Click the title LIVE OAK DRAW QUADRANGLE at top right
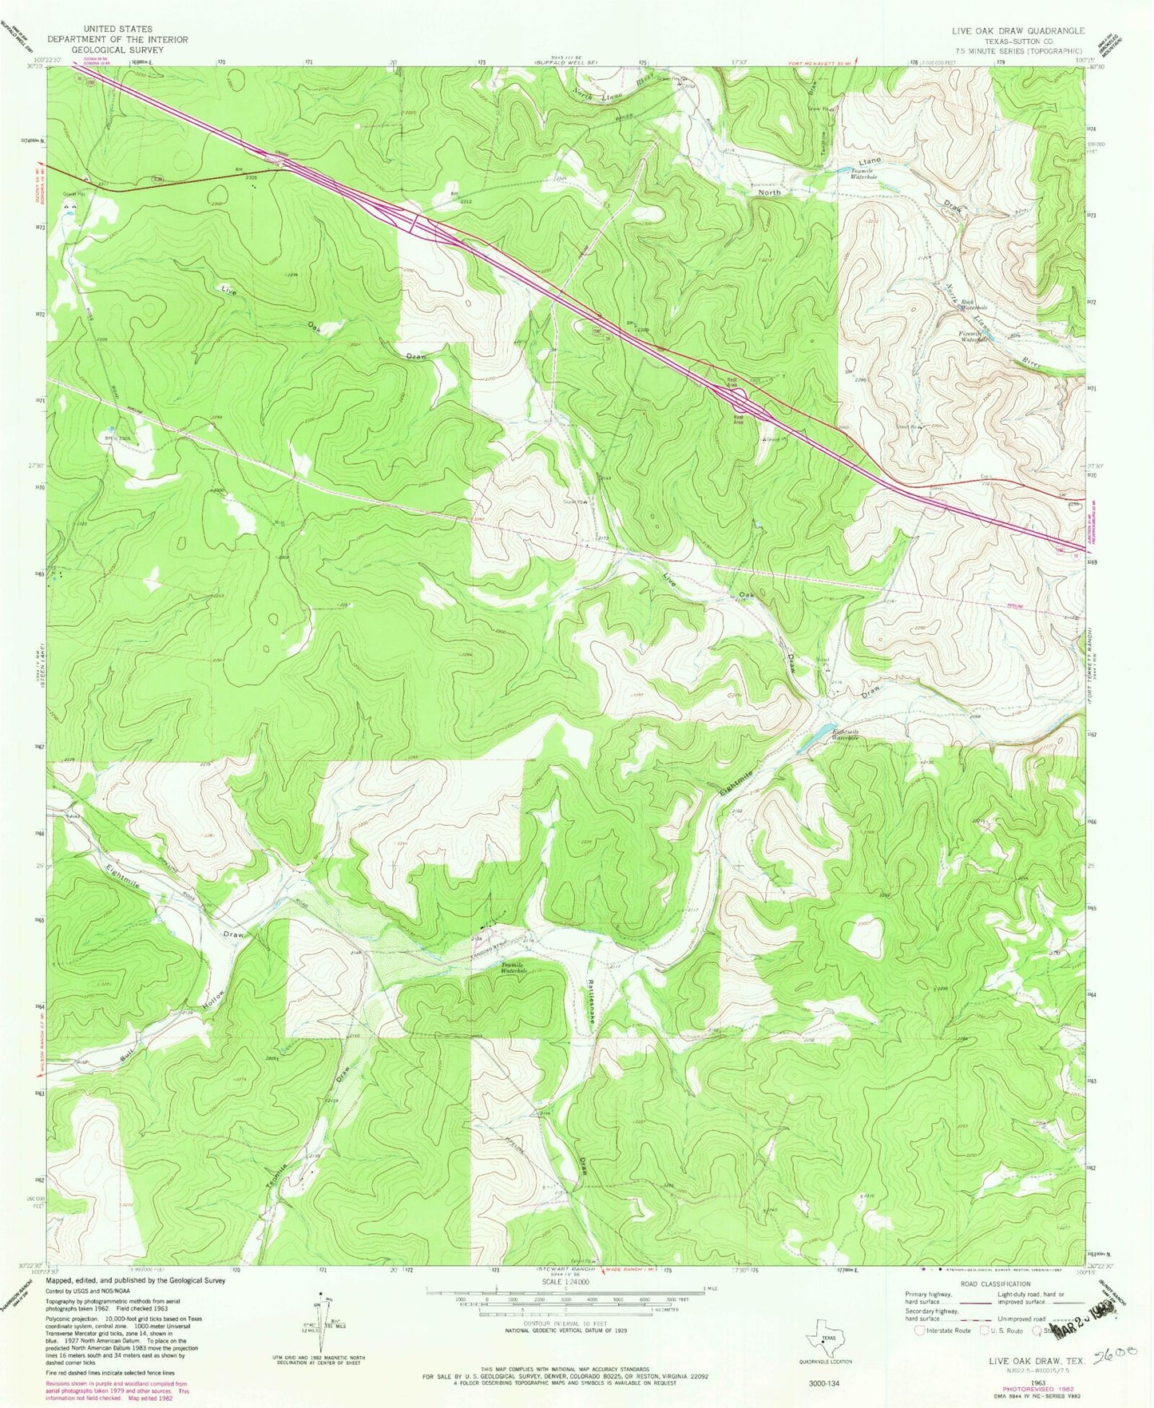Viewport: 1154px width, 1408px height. (1017, 30)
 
